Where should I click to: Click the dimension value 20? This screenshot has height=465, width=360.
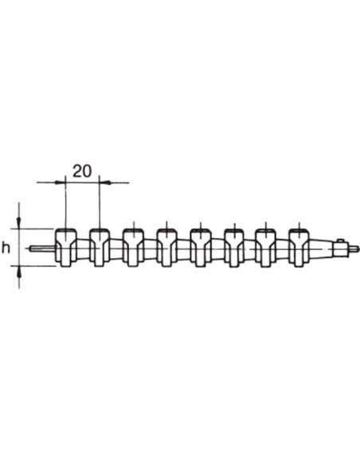pyautogui.click(x=82, y=171)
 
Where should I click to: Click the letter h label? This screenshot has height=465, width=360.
pyautogui.click(x=6, y=248)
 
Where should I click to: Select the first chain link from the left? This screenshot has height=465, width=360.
pyautogui.click(x=66, y=248)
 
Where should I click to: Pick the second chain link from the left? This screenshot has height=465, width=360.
pyautogui.click(x=100, y=248)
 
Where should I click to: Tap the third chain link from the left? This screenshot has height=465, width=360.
pyautogui.click(x=134, y=248)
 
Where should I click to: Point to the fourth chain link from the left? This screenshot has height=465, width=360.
pyautogui.click(x=167, y=248)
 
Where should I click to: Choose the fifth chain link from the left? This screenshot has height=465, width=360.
pyautogui.click(x=201, y=248)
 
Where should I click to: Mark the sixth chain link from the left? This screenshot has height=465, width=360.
pyautogui.click(x=234, y=248)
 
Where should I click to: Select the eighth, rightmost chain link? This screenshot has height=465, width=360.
pyautogui.click(x=299, y=248)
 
